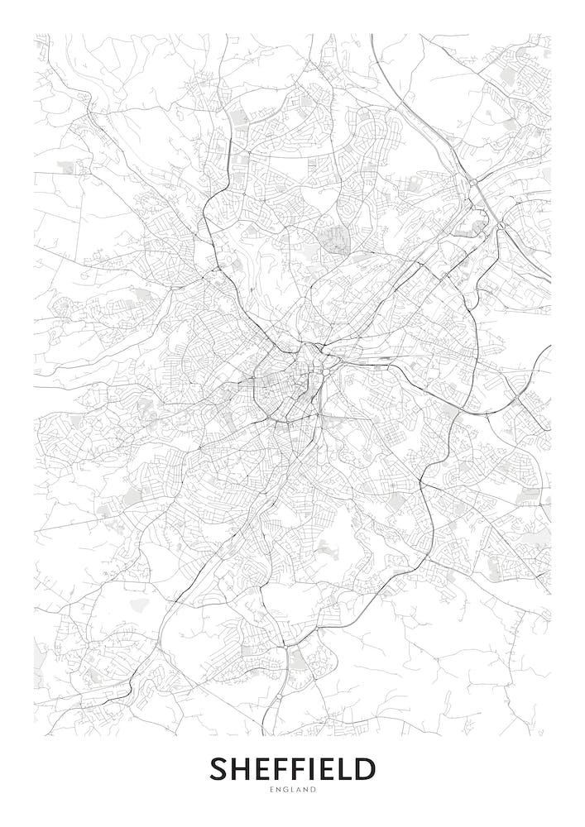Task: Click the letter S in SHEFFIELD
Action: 218,769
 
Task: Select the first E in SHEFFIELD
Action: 259,769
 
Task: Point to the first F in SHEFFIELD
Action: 276,769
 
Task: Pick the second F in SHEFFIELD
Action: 294,769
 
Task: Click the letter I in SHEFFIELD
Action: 308,769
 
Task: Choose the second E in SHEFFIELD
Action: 322,769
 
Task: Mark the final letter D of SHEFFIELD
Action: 362,769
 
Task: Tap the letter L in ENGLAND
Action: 293,791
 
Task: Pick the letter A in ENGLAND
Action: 300,791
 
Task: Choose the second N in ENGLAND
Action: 307,791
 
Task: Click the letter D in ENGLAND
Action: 314,791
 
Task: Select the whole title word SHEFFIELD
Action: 292,769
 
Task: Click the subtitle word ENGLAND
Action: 292,791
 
